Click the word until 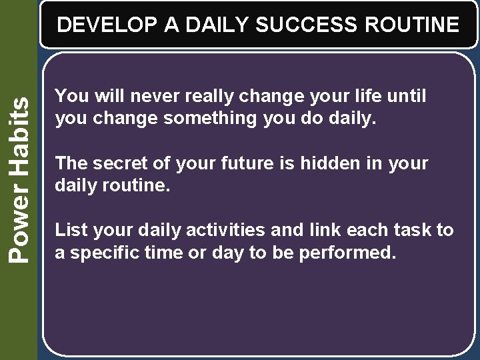405,97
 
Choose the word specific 101,253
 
